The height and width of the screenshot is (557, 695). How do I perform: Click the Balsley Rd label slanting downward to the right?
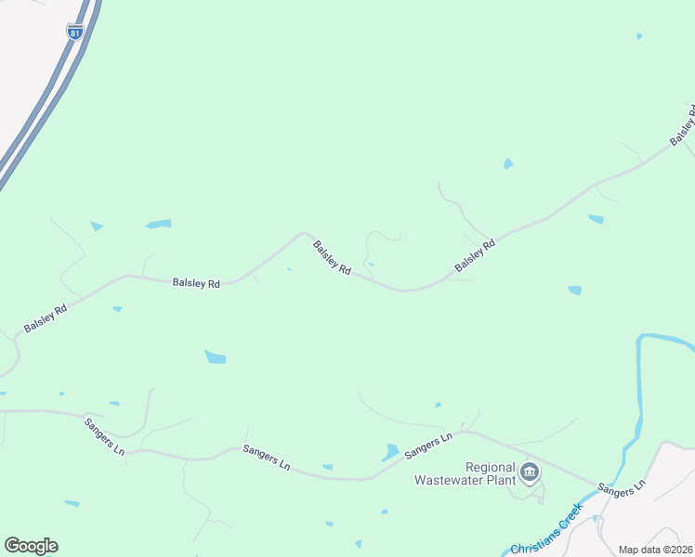(332, 257)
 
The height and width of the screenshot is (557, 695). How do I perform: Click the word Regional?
(489, 467)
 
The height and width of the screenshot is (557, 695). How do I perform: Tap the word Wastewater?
(454, 481)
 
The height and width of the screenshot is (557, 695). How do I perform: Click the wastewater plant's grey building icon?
(530, 473)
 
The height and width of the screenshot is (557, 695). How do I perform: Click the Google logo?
(31, 546)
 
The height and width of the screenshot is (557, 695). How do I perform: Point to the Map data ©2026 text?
(656, 550)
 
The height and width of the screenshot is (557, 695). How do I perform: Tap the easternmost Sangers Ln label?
(621, 488)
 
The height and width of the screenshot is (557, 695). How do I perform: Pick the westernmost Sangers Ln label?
(104, 436)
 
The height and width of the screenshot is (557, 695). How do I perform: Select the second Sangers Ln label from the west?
(267, 458)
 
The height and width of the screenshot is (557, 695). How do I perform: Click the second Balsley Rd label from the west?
(196, 282)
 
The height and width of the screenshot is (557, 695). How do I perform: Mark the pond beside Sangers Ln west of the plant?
(391, 452)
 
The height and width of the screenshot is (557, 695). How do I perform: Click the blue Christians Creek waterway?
(640, 390)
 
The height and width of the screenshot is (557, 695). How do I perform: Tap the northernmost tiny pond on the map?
(639, 36)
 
